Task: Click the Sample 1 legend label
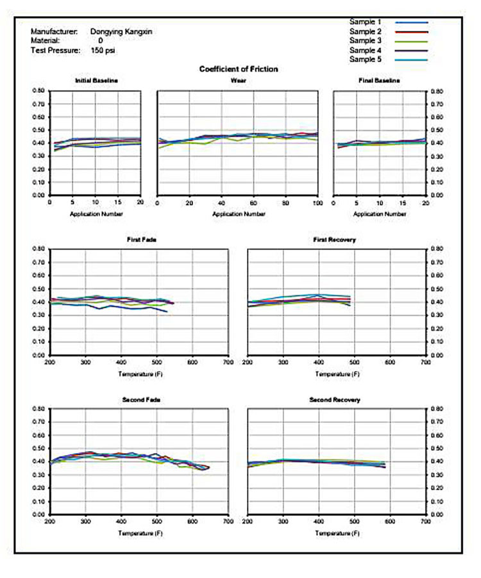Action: (x=366, y=22)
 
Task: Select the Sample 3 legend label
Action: (x=366, y=40)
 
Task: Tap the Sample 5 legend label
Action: (x=366, y=59)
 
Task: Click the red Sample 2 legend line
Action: (x=413, y=31)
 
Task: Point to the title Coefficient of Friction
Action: (x=239, y=69)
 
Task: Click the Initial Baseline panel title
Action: (x=96, y=81)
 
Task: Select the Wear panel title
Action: (x=237, y=81)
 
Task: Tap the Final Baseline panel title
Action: (x=379, y=81)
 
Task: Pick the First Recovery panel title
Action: (x=334, y=240)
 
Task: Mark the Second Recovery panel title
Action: (x=335, y=400)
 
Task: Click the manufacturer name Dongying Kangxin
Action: (x=121, y=31)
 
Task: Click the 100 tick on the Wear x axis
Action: (x=317, y=203)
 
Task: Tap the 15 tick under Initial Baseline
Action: (x=117, y=203)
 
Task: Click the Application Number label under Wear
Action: (x=237, y=214)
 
